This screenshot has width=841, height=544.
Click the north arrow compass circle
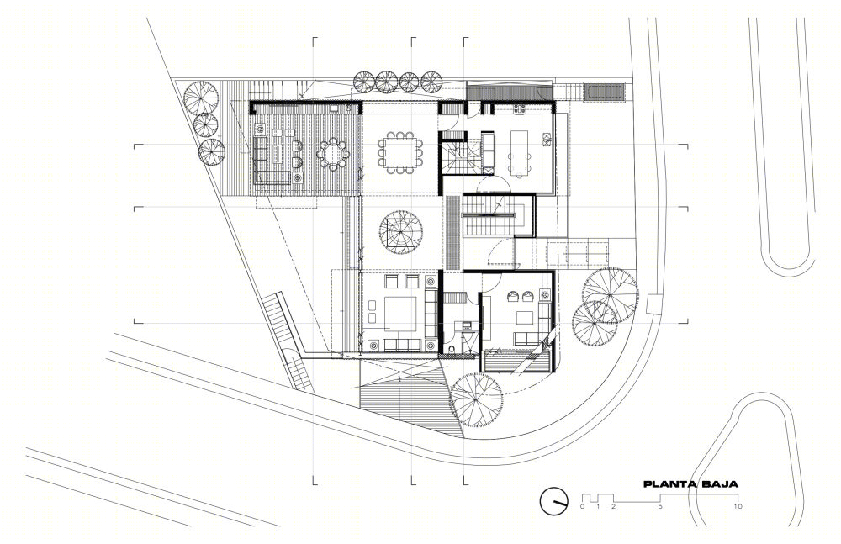coord(554,501)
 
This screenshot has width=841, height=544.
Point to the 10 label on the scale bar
coord(738,506)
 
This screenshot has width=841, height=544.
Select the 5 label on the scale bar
coord(660,506)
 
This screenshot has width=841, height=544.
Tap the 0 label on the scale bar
coord(583,506)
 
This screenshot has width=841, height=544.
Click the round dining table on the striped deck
coord(333,155)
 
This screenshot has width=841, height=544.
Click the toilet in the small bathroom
coord(454,349)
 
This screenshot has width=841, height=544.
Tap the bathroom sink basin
coord(465,325)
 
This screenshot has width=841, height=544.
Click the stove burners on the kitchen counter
coord(519,109)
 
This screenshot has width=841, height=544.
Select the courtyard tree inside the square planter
coord(400,233)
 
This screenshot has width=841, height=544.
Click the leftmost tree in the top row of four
coord(364,81)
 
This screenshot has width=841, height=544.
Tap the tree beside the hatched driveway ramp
coord(476,399)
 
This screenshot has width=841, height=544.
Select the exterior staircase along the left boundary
coord(290,341)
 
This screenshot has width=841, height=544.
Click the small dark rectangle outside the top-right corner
coord(605,91)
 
